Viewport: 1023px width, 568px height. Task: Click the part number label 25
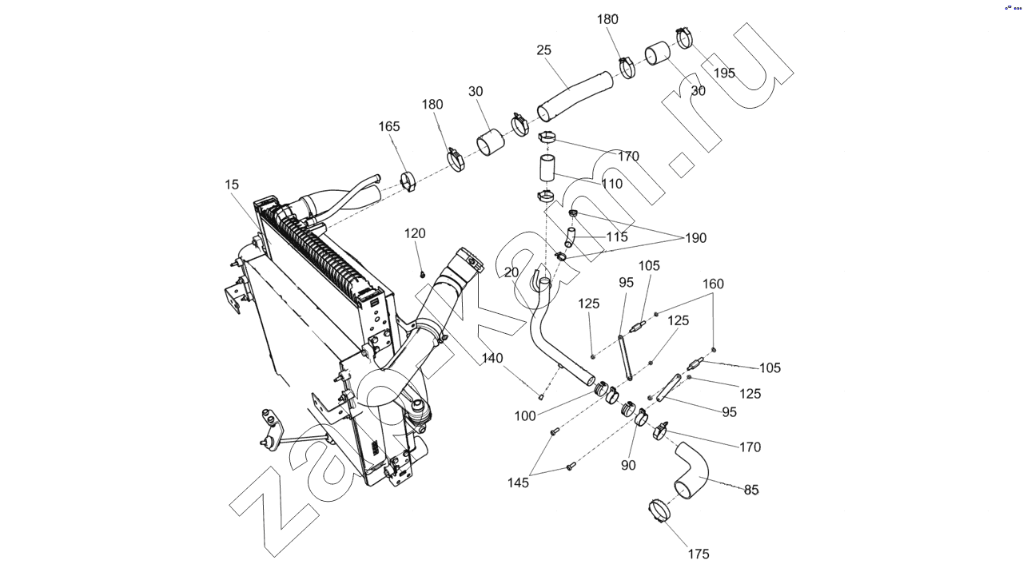coord(544,50)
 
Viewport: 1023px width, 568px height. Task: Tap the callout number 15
coord(232,185)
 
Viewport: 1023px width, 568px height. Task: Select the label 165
coord(390,127)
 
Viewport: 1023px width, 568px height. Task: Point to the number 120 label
coord(415,234)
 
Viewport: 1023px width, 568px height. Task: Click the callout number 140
coord(492,359)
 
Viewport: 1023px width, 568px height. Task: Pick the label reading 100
coord(525,416)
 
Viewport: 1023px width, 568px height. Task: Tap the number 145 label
coord(519,483)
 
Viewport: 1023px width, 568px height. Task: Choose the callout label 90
coord(628,465)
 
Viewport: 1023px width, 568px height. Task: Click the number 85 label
coord(751,490)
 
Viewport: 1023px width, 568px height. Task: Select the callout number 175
coord(698,554)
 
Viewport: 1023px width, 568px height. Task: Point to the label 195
coord(724,73)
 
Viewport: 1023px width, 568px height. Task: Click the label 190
coord(695,238)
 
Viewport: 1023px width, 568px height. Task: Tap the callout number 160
coord(714,284)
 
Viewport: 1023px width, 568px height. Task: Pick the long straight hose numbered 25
coord(574,94)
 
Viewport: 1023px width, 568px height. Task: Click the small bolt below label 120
coord(423,274)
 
